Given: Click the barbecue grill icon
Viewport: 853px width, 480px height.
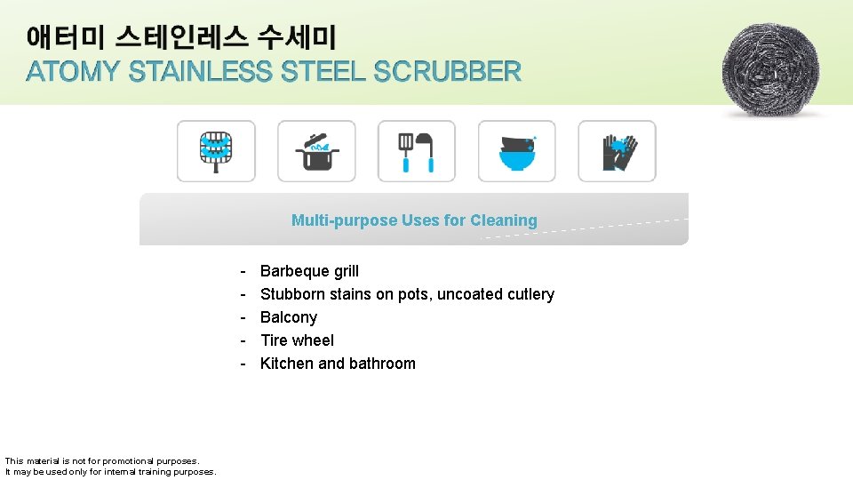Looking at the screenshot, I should click(216, 151).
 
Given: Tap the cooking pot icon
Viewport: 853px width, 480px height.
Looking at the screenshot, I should click(316, 151).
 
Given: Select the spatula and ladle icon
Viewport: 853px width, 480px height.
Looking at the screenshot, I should click(417, 151).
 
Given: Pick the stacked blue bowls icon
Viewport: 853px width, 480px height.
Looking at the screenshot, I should click(517, 151).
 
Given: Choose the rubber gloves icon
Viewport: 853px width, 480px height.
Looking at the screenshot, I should click(618, 151).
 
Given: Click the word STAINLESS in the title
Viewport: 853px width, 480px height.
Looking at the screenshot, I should click(200, 72).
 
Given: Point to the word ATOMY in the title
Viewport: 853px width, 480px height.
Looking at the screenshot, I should click(74, 72).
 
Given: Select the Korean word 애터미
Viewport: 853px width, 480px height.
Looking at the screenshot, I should click(67, 37).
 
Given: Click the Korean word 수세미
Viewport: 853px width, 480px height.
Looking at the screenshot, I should click(297, 37).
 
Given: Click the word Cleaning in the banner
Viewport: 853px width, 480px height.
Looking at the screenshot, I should click(504, 220).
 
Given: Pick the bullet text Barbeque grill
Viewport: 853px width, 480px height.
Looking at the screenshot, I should click(309, 271).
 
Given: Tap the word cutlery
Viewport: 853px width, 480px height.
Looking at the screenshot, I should click(530, 294).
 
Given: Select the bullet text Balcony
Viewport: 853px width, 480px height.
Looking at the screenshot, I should click(288, 317).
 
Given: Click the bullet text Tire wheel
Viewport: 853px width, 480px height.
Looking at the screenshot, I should click(297, 340).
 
